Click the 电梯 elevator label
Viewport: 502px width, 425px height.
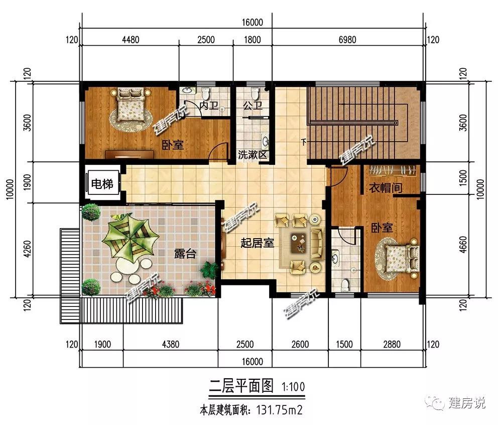coord(102,184)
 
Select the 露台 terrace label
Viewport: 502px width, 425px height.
coord(185,254)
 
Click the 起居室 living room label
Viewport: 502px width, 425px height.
coord(257,243)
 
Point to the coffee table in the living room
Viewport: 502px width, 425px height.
coord(298,243)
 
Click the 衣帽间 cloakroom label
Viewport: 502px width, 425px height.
coord(386,188)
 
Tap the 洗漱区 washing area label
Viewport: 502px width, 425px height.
coord(253,155)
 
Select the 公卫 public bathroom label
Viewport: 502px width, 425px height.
coord(253,105)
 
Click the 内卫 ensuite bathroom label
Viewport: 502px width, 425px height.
coord(209,105)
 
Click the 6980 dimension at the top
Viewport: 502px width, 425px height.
coord(347,40)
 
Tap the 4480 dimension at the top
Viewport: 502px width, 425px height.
coord(131,40)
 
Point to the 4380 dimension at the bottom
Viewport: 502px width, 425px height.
coord(170,344)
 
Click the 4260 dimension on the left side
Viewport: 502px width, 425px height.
coord(27,249)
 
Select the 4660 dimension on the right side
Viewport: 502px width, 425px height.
coord(463,245)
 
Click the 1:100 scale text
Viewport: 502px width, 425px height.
coord(293,387)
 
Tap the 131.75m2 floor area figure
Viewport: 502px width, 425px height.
coord(279,410)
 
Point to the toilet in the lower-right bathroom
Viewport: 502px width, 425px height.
coord(345,284)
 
